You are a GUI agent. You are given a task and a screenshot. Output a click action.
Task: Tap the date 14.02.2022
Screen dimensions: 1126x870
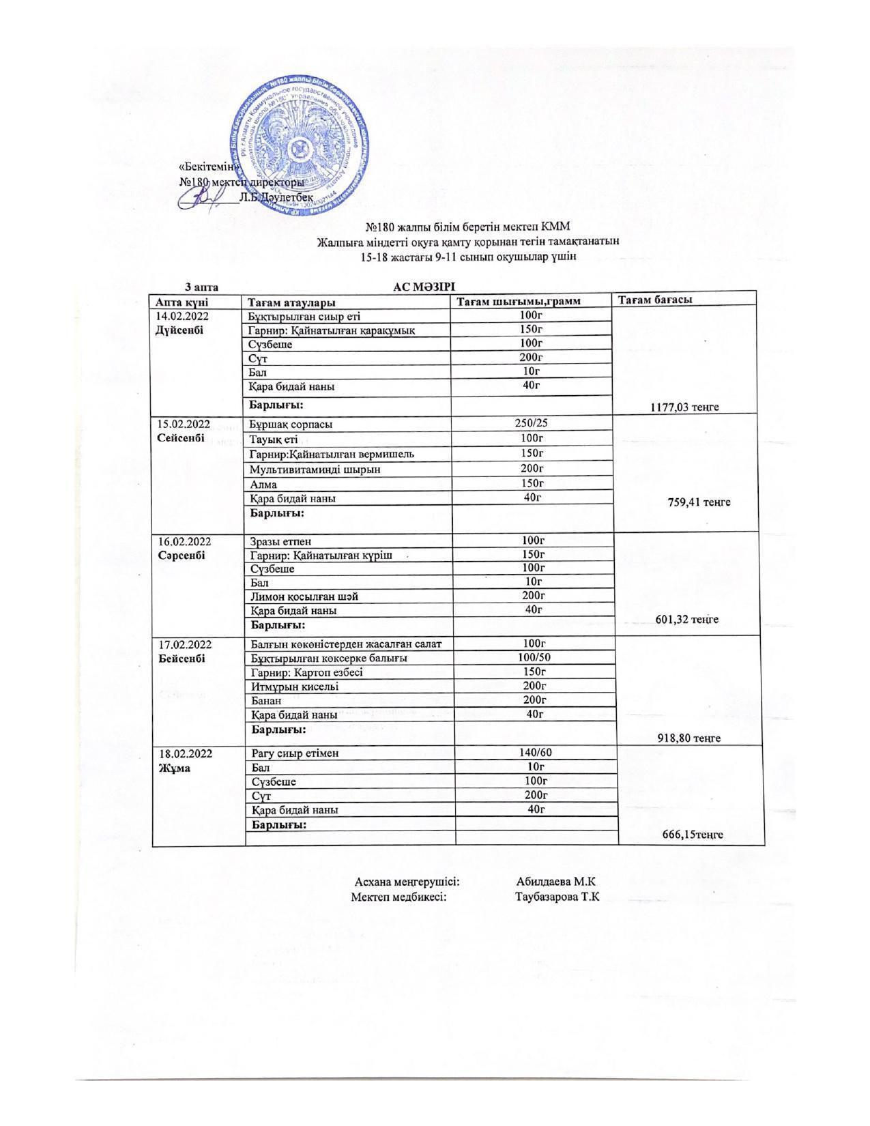[x=182, y=316]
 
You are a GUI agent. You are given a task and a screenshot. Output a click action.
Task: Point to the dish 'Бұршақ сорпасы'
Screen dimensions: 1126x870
[x=291, y=424]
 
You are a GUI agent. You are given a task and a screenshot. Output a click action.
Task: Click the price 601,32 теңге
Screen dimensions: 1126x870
[x=686, y=620]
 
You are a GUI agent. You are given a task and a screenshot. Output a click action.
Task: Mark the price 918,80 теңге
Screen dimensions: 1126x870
[x=688, y=738]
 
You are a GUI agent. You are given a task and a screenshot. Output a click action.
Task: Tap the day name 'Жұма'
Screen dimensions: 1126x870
[x=175, y=768]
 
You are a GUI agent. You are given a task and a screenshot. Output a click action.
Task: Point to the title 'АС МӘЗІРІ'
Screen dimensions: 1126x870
[x=424, y=286]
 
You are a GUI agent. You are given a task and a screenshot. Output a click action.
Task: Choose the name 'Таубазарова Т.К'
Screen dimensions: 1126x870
[x=557, y=896]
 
